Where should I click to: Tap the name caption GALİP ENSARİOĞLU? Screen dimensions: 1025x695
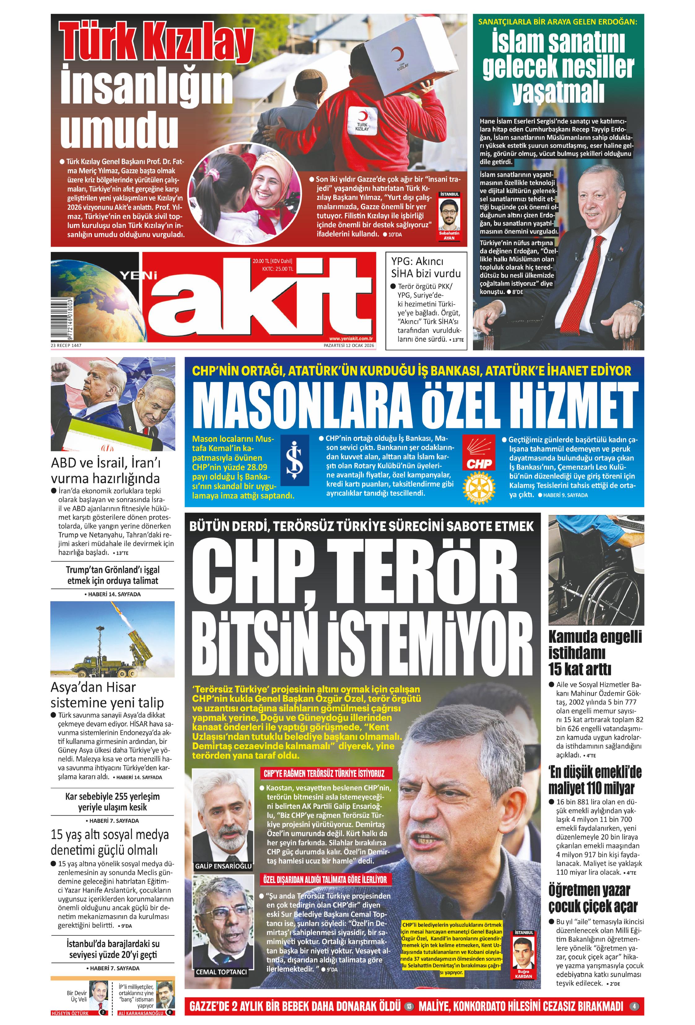223,866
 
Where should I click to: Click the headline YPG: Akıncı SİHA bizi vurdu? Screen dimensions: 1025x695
426,267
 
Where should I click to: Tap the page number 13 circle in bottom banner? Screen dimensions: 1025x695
409,1006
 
